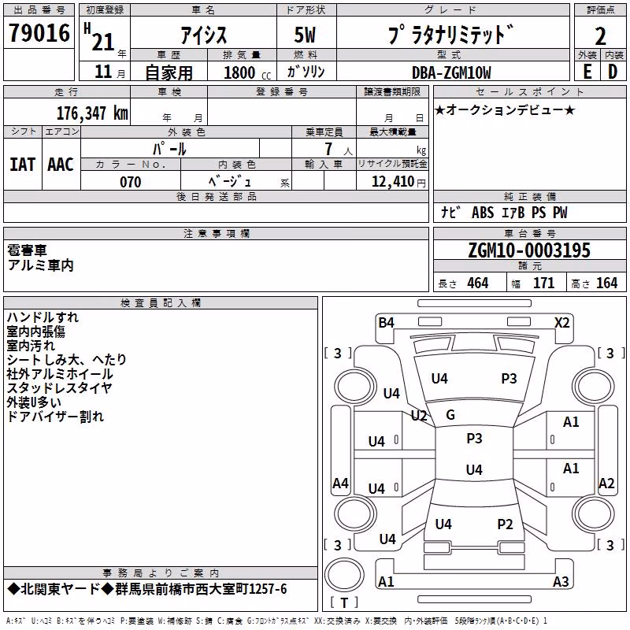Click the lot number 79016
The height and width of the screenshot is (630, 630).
(39, 33)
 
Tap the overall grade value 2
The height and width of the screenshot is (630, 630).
(600, 36)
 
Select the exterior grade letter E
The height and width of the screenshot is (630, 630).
(587, 72)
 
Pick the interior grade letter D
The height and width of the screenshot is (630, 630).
(613, 72)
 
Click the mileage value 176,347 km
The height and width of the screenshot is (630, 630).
(92, 113)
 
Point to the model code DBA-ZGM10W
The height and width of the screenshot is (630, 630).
(451, 72)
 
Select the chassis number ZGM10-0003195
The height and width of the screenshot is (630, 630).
(529, 250)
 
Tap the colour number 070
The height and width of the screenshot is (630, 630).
(131, 182)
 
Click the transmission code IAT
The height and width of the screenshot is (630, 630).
(22, 165)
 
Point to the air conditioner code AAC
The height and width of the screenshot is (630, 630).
(61, 165)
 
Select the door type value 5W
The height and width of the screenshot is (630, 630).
(305, 35)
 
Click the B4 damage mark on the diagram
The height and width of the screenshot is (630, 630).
(386, 323)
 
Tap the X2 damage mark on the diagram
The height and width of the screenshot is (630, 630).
(561, 323)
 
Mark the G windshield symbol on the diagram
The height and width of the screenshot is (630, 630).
(450, 415)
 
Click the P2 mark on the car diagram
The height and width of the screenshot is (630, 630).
(505, 524)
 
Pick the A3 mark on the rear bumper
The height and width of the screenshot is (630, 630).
(561, 581)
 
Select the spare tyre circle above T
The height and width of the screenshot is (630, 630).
(344, 575)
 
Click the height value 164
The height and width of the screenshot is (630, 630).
(606, 283)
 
